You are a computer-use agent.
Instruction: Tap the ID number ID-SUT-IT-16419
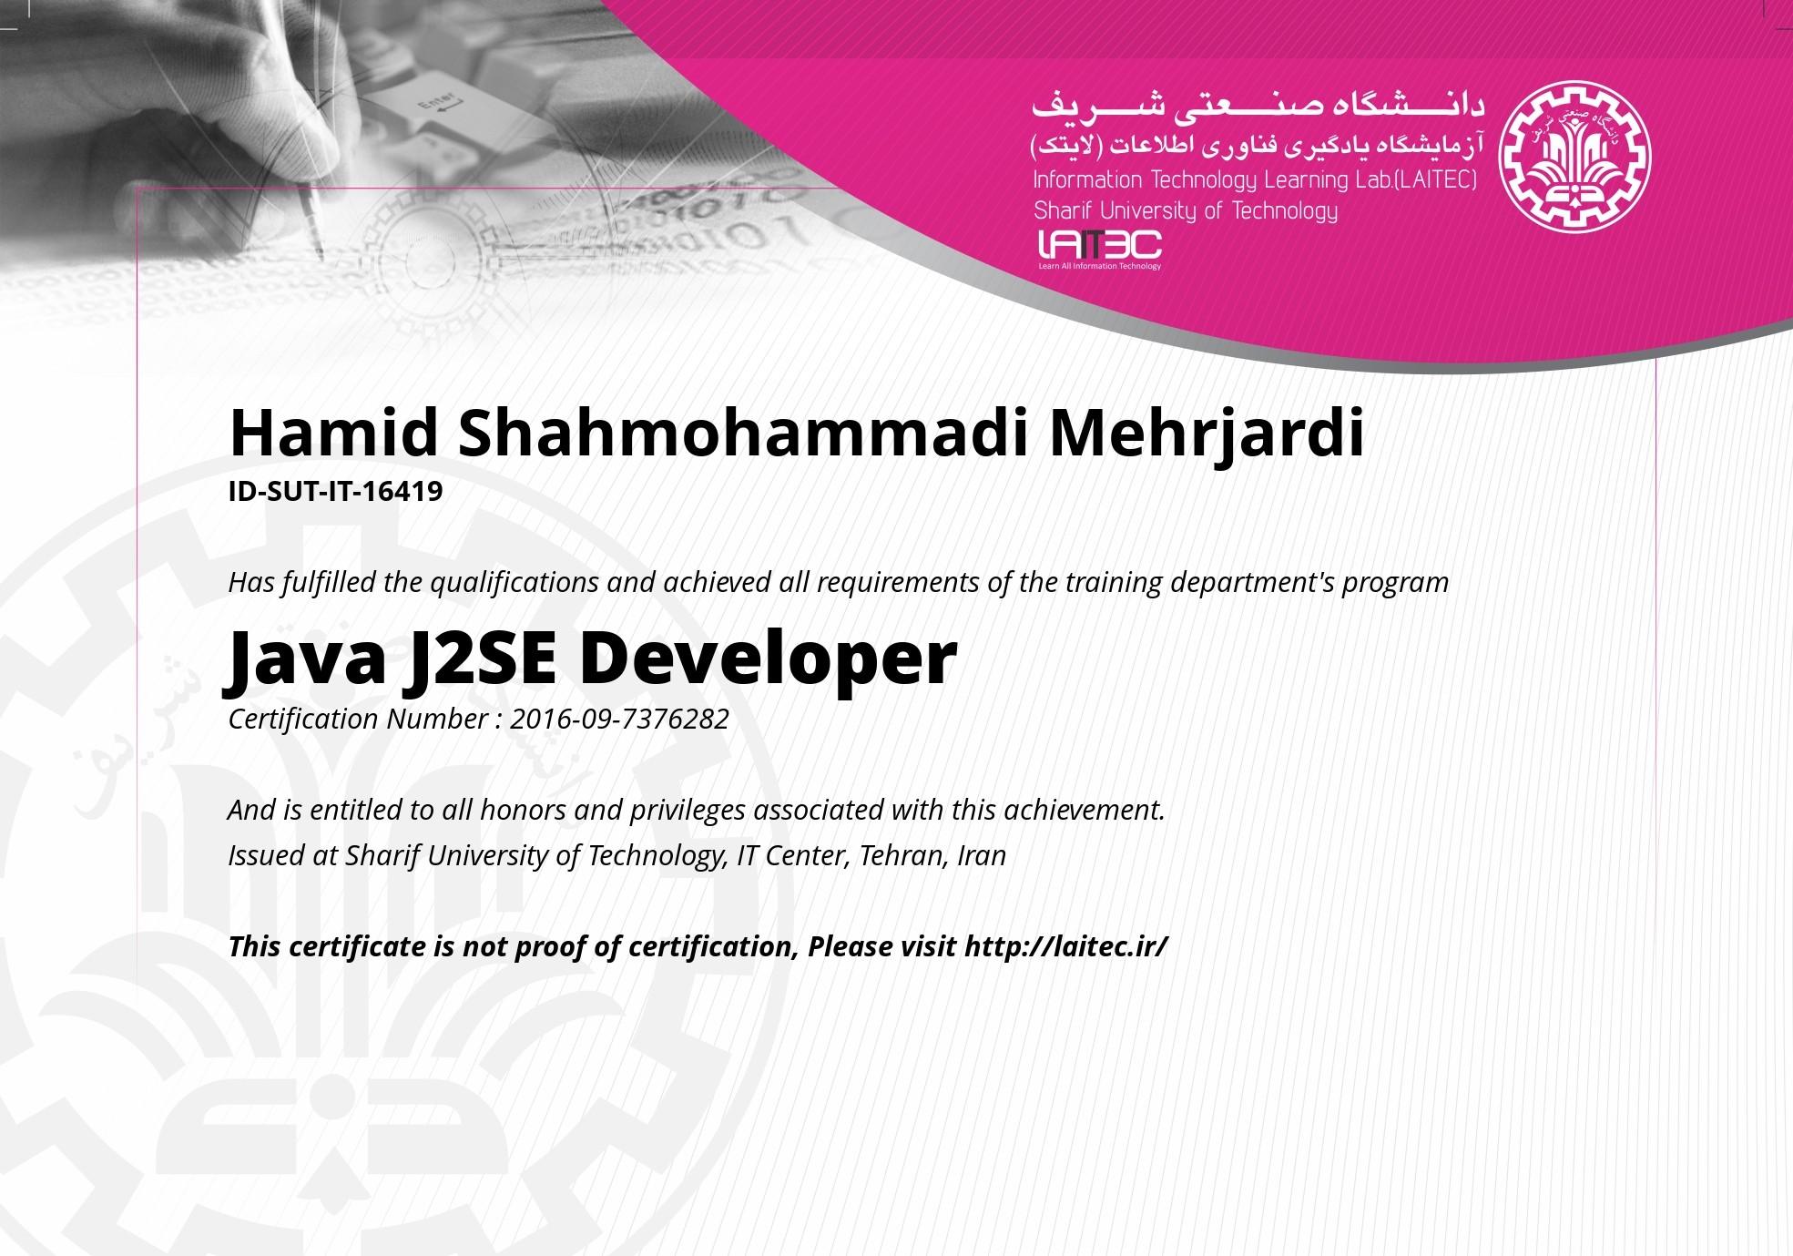click(335, 492)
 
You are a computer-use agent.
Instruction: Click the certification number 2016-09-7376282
click(619, 720)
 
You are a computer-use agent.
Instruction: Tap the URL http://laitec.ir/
click(1065, 947)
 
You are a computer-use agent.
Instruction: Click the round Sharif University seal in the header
click(1575, 157)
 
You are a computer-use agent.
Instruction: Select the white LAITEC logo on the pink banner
click(1100, 250)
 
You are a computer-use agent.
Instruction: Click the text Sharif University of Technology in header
click(1186, 211)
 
